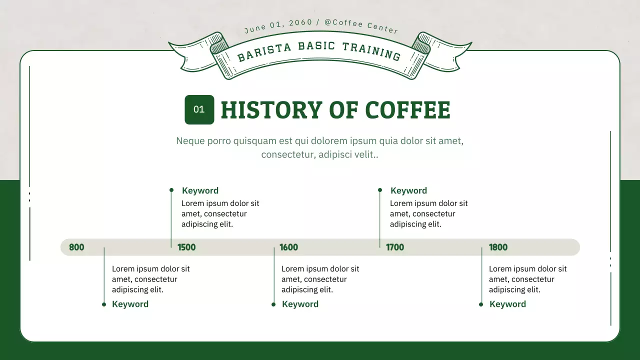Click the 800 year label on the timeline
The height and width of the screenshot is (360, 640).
(76, 247)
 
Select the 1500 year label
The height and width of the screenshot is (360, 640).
(186, 247)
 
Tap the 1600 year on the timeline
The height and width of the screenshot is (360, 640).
(288, 247)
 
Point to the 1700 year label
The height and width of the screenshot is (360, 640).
(394, 247)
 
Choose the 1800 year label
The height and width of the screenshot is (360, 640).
(498, 247)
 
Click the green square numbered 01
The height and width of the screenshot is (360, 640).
(199, 109)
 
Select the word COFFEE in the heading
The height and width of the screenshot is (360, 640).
(407, 110)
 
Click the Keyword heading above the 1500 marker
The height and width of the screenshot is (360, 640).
(200, 190)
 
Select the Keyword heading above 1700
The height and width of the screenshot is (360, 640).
(408, 190)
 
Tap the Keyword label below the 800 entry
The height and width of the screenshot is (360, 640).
(130, 304)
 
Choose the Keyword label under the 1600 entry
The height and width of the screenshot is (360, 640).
(300, 304)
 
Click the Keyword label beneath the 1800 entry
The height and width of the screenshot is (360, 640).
(507, 304)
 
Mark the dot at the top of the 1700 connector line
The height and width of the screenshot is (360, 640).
(380, 190)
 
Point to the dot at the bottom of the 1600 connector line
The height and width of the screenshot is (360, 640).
(273, 304)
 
